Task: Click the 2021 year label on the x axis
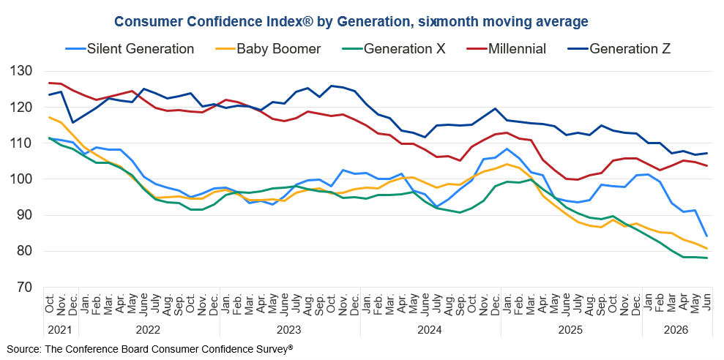pyautogui.click(x=61, y=331)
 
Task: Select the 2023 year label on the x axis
pyautogui.click(x=289, y=331)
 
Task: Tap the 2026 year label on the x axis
pyautogui.click(x=676, y=331)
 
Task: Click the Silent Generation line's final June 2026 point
pyautogui.click(x=707, y=236)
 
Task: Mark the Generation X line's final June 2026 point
pyautogui.click(x=707, y=258)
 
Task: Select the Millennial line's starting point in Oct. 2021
pyautogui.click(x=49, y=83)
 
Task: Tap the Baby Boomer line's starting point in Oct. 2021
pyautogui.click(x=49, y=117)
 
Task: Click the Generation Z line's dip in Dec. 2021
pyautogui.click(x=72, y=122)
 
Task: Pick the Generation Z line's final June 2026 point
pyautogui.click(x=707, y=153)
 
